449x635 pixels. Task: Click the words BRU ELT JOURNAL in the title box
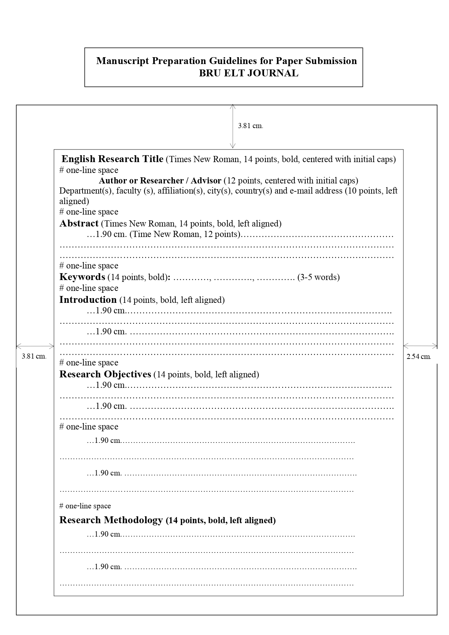[249, 73]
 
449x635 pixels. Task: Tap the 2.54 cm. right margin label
[419, 356]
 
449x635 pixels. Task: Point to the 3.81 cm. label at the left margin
[34, 356]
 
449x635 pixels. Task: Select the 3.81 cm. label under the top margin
[250, 126]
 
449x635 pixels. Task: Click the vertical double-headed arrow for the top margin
[233, 126]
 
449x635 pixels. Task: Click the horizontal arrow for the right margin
[420, 346]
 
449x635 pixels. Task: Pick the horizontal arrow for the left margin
[35, 346]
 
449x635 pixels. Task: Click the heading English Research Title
[112, 159]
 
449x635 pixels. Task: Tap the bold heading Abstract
[79, 223]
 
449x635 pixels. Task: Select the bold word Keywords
[82, 277]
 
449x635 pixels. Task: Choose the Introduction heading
[88, 300]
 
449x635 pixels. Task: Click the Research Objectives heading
[105, 374]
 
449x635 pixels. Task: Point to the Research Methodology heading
[111, 520]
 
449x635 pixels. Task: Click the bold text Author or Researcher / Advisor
[160, 180]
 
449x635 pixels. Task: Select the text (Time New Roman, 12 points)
[185, 234]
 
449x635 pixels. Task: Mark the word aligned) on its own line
[74, 201]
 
